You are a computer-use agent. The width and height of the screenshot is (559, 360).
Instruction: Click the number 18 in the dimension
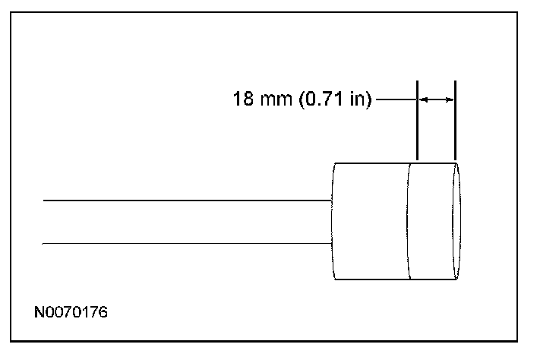click(243, 99)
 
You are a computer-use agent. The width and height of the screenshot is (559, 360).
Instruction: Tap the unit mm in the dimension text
click(276, 100)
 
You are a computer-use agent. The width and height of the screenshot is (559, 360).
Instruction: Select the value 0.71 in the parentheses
click(327, 99)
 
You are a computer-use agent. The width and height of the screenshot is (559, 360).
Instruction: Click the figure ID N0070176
click(71, 312)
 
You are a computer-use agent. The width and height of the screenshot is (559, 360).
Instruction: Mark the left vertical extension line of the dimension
click(417, 121)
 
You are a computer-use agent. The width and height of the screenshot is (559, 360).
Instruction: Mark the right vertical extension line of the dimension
click(455, 121)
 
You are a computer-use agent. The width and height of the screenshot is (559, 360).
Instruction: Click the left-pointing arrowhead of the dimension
click(423, 99)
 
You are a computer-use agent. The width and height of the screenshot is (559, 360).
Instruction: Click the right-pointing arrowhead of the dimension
click(449, 99)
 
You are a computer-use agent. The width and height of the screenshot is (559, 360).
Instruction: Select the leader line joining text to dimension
click(396, 99)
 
